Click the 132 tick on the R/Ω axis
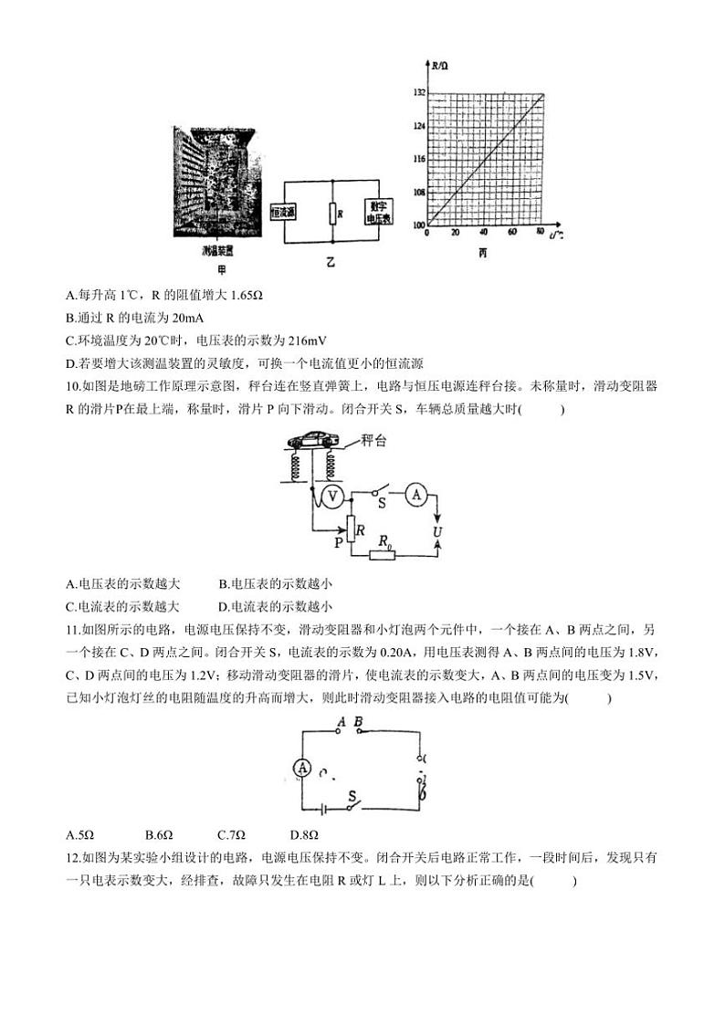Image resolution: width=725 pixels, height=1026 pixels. point(418,93)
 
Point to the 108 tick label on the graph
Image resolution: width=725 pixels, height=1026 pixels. point(418,193)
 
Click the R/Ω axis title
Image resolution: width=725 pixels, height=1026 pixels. point(440,67)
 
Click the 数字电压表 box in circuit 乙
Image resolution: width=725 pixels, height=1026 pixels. point(378,212)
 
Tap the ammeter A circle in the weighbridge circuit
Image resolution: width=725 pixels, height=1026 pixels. point(416,494)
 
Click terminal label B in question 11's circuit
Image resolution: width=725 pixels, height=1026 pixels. point(358,723)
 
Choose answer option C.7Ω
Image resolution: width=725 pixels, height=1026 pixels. point(232,834)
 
